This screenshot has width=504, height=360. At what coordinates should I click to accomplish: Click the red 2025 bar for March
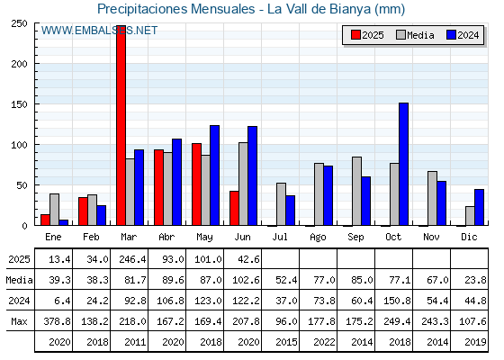(x=121, y=125)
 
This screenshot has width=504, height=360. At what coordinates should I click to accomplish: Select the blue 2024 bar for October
(x=404, y=164)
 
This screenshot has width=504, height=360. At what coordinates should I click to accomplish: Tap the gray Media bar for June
(x=243, y=184)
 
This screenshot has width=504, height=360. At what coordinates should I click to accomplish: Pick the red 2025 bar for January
(x=45, y=220)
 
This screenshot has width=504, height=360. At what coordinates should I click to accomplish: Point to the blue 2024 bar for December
(x=479, y=207)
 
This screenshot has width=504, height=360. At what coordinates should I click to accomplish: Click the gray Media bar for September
(x=356, y=191)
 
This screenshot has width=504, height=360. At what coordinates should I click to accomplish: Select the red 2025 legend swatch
(x=355, y=35)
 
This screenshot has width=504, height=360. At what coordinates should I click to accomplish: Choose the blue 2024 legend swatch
(x=451, y=35)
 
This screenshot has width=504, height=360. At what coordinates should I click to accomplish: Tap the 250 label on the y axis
(x=20, y=23)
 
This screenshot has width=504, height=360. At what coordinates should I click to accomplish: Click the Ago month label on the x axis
(x=318, y=238)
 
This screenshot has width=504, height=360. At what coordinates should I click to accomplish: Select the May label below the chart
(x=204, y=238)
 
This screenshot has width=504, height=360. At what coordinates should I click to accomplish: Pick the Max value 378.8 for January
(x=57, y=321)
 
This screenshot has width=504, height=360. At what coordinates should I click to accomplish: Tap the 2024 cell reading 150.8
(x=397, y=301)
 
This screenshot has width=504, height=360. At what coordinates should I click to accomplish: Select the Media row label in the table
(x=19, y=280)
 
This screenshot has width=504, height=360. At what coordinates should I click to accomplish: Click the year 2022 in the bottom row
(x=324, y=342)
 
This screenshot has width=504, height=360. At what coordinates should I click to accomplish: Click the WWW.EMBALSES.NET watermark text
(x=99, y=31)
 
